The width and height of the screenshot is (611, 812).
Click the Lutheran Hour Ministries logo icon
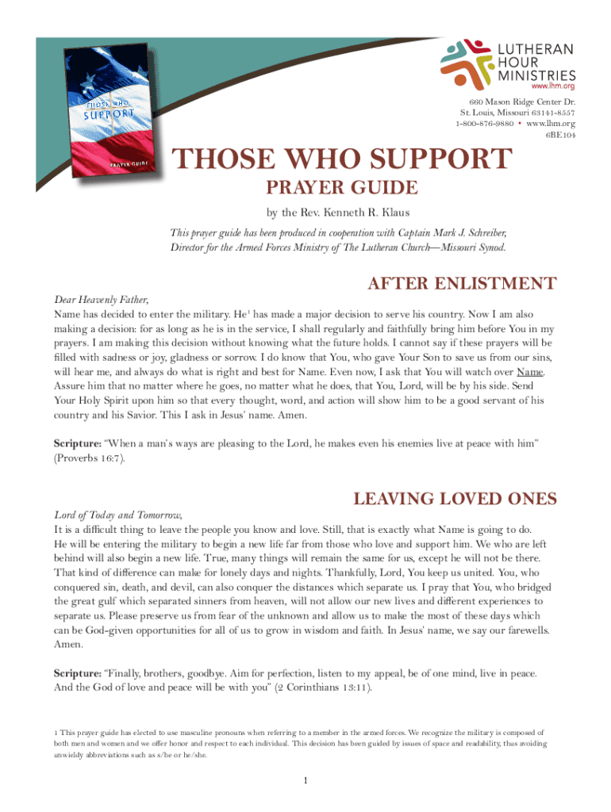(470, 60)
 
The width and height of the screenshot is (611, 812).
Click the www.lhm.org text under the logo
(552, 85)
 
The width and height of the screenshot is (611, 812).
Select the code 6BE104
(559, 136)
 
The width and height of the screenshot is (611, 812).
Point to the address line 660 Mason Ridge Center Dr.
(521, 102)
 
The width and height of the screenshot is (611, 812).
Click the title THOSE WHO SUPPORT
(343, 160)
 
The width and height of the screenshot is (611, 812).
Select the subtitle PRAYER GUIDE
(340, 188)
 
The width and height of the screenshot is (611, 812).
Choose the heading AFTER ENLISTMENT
(460, 284)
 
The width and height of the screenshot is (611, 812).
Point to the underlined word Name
(531, 372)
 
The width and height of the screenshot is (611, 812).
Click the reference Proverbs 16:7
(89, 458)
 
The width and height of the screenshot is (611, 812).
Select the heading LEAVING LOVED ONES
(455, 499)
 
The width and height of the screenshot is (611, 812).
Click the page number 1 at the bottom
(305, 782)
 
